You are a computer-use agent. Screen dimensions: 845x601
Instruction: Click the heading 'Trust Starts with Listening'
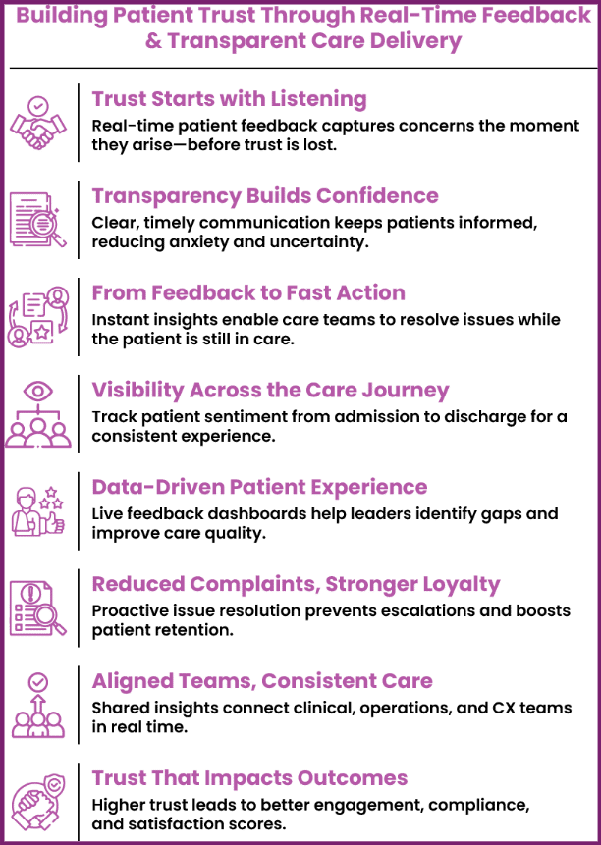(230, 99)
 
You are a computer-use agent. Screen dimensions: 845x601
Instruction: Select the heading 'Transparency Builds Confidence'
(265, 196)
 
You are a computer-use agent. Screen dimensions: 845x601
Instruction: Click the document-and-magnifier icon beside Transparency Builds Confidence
(36, 220)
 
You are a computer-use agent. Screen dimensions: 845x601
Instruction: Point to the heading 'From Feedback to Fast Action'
(247, 293)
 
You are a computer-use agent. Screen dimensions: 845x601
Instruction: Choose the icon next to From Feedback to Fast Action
(36, 316)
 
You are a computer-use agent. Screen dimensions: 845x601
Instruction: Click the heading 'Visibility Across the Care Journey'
(270, 391)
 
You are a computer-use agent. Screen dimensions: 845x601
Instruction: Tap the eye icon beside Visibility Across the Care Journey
(36, 413)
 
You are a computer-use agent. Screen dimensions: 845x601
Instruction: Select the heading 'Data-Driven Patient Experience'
(259, 488)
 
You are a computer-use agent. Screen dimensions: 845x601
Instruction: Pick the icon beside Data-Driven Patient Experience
(36, 510)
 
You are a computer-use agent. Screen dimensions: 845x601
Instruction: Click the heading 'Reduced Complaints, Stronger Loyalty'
(296, 585)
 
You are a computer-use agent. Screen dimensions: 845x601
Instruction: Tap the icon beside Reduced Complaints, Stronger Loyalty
(36, 607)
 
